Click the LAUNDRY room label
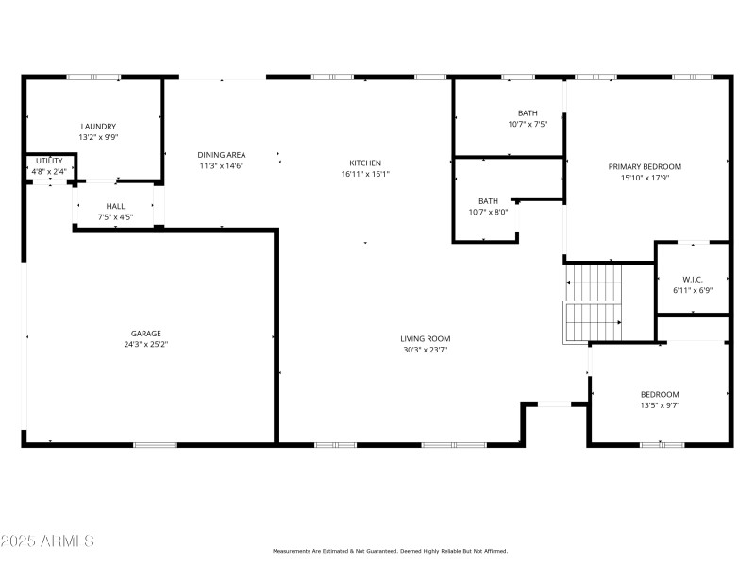98,127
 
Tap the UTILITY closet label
49,161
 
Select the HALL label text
115,206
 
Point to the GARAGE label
145,334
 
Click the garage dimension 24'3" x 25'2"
145,345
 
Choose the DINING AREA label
222,155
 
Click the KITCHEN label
365,163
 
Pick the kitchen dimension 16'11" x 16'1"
365,174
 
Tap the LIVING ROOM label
425,338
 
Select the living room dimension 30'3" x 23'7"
425,350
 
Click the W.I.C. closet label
693,279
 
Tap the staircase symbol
595,302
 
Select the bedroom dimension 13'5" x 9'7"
660,405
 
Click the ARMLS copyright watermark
47,541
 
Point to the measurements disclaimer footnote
390,551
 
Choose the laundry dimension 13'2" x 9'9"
98,137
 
